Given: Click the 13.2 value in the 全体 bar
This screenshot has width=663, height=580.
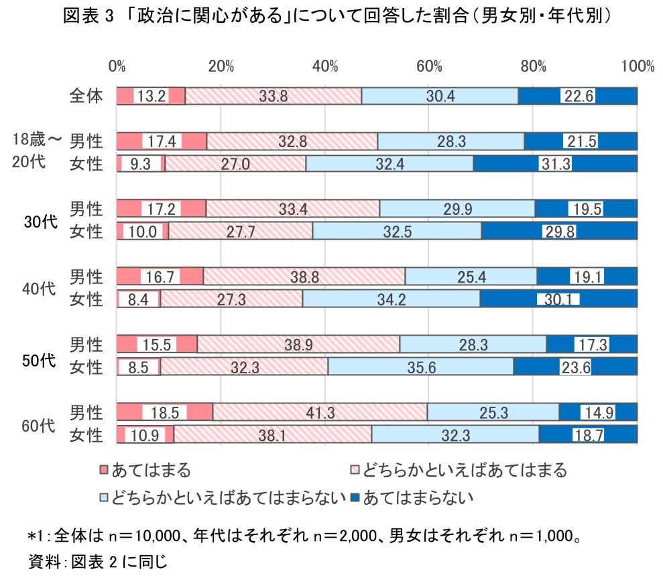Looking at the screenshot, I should click(151, 96).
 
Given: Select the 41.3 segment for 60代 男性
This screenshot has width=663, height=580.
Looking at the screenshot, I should click(320, 412).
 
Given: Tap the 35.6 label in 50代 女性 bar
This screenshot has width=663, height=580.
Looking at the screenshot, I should click(420, 367).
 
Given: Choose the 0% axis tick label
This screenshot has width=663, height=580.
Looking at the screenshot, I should click(117, 66).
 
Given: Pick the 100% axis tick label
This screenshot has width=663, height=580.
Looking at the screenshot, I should click(637, 66).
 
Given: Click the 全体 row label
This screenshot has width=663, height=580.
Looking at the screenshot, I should click(86, 96).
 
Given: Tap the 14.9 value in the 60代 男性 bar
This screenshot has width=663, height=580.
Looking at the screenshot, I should click(599, 412).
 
